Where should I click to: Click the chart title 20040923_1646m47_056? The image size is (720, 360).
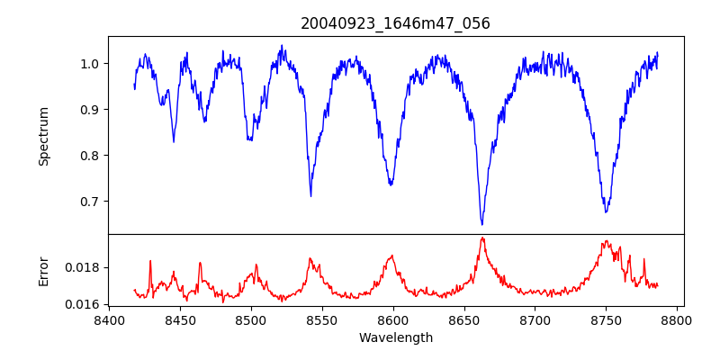click(x=395, y=23)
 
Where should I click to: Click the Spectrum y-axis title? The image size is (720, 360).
click(x=43, y=136)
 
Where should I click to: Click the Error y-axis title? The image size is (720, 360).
click(x=43, y=271)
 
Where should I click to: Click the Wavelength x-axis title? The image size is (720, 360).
click(x=395, y=338)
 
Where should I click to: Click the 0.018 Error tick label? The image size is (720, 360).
click(x=85, y=267)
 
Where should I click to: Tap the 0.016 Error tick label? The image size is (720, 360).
click(x=85, y=304)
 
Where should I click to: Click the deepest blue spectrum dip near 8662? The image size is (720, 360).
click(x=481, y=223)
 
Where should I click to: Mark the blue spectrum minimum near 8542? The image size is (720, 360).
click(x=310, y=195)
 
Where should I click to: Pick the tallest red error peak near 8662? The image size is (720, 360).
click(x=482, y=238)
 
